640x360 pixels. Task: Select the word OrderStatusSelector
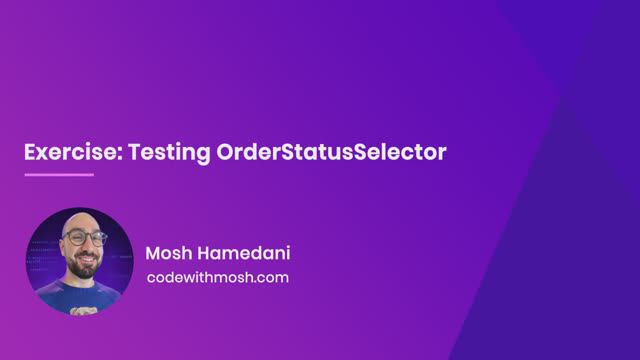click(x=331, y=153)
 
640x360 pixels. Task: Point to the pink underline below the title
click(x=58, y=175)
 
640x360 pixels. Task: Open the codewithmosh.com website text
click(x=217, y=277)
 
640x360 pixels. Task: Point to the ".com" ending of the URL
click(x=272, y=277)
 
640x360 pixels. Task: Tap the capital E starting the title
click(x=29, y=153)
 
